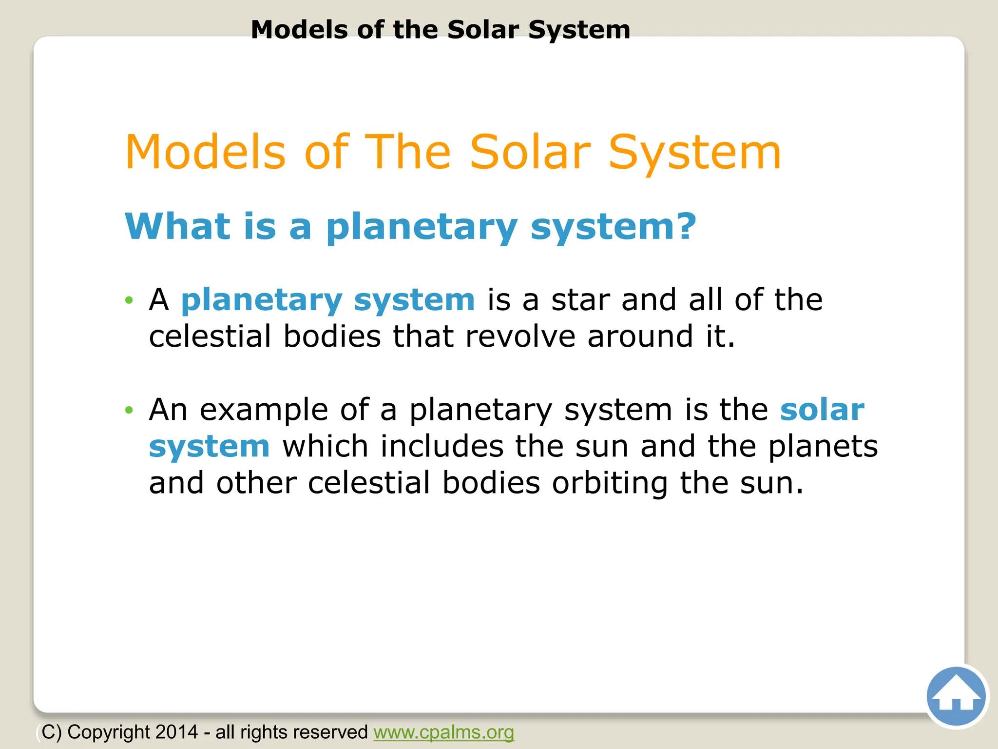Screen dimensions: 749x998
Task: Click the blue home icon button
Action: pyautogui.click(x=956, y=696)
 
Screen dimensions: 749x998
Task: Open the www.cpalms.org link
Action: pyautogui.click(x=443, y=732)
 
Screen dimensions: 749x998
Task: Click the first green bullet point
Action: pyautogui.click(x=129, y=300)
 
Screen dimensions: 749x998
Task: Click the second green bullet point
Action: pyautogui.click(x=129, y=410)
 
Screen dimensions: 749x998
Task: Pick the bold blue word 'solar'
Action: pyautogui.click(x=822, y=410)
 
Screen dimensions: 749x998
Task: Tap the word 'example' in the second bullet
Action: pyautogui.click(x=264, y=411)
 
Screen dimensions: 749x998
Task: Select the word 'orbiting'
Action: pyautogui.click(x=610, y=483)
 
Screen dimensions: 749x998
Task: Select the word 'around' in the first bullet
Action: pyautogui.click(x=640, y=336)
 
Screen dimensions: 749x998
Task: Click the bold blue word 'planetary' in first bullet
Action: pyautogui.click(x=262, y=301)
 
